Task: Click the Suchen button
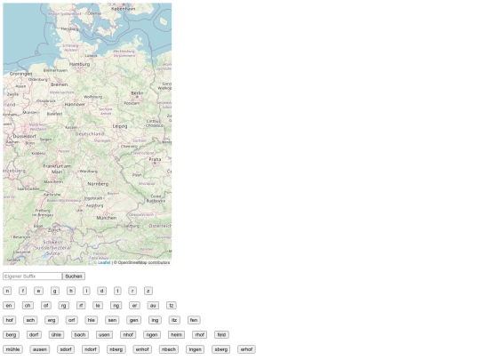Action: (74, 276)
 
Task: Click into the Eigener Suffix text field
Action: (32, 276)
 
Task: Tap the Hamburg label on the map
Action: (79, 64)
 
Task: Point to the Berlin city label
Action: (137, 92)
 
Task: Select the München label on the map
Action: (106, 217)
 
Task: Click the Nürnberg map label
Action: (97, 183)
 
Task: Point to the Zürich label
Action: (54, 229)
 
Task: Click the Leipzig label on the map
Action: (120, 126)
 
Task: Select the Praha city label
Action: (155, 159)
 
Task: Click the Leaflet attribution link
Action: (104, 262)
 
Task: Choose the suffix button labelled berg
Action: (11, 335)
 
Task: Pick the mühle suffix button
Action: (12, 349)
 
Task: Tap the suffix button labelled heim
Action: (176, 335)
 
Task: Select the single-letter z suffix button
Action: (148, 291)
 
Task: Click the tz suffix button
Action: (172, 305)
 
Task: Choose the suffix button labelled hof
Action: (9, 320)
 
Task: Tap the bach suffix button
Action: (80, 335)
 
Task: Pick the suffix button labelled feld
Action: (221, 335)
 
